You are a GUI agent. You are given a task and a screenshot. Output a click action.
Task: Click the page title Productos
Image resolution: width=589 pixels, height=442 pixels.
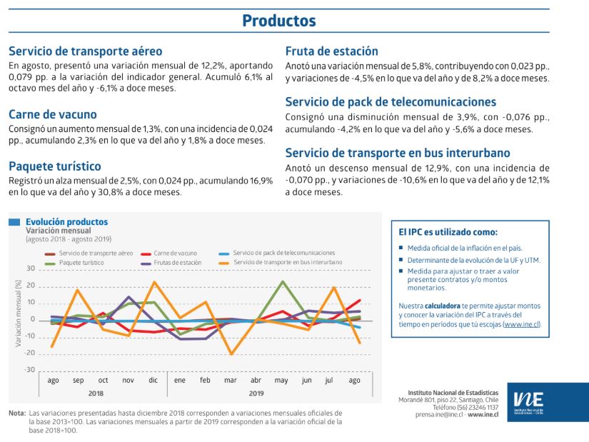(x=278, y=20)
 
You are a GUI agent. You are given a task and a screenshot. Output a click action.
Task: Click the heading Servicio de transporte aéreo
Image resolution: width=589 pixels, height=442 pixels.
(x=86, y=51)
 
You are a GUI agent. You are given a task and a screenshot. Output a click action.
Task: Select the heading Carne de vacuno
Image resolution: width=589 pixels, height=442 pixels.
(x=53, y=114)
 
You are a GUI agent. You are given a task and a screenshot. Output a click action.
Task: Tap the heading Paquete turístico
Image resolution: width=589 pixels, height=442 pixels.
(x=55, y=166)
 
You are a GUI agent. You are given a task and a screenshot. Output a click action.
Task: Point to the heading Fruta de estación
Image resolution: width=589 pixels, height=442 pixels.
(x=332, y=51)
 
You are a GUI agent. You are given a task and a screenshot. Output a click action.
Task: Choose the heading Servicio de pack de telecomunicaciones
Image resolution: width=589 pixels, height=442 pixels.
(x=391, y=102)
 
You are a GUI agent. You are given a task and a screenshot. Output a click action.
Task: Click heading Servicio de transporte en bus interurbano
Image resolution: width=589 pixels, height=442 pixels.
(x=398, y=153)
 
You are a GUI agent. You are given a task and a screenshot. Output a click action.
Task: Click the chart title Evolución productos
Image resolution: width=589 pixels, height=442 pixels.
(x=66, y=222)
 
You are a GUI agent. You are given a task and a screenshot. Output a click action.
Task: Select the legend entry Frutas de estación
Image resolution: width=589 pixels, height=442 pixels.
(x=177, y=263)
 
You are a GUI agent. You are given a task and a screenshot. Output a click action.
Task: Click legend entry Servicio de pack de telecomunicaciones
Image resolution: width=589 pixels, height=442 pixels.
(x=283, y=253)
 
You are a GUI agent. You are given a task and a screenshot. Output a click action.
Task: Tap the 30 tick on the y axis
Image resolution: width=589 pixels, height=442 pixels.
(x=30, y=269)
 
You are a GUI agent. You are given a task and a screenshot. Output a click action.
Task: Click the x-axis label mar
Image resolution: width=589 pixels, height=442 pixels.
(x=231, y=381)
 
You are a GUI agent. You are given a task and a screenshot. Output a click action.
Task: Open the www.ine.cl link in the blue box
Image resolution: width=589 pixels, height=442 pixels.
(x=522, y=324)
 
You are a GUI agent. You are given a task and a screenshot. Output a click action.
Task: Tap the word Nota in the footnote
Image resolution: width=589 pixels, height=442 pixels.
(x=16, y=413)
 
